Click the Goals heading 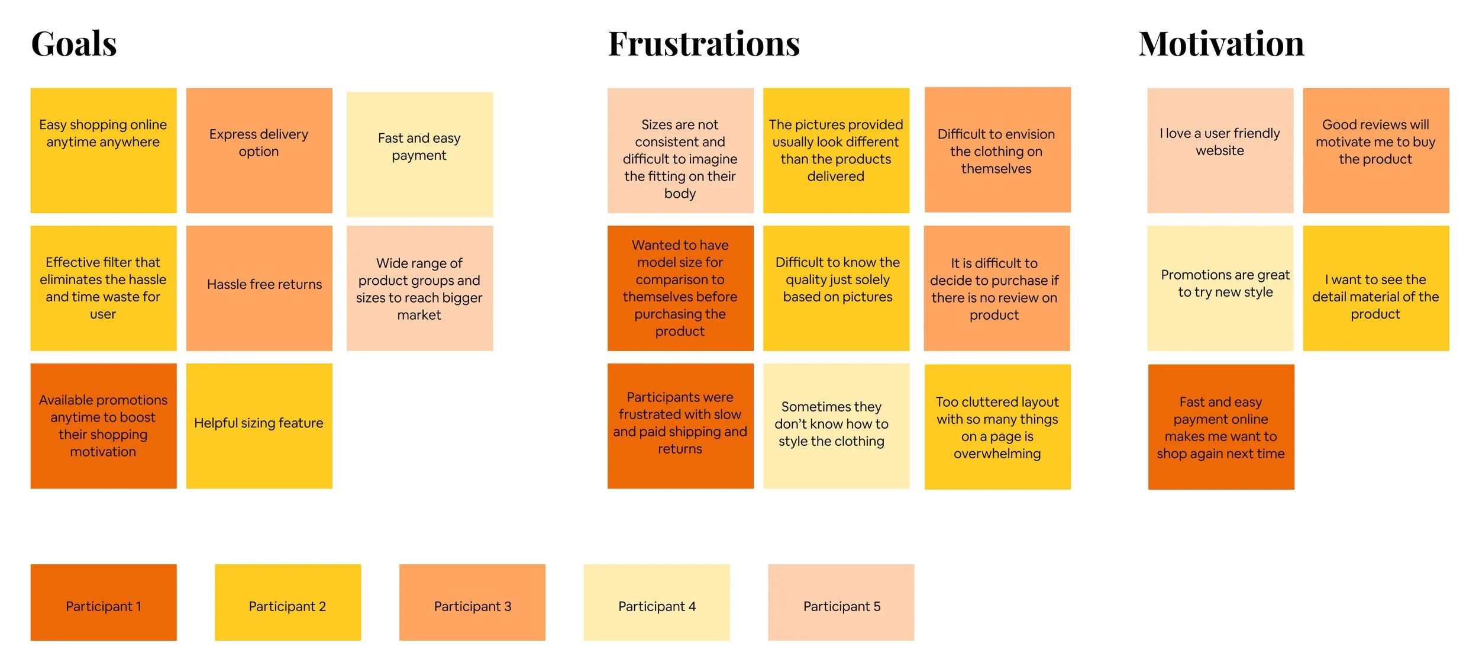click(74, 44)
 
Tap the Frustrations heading click(703, 44)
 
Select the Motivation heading click(1221, 44)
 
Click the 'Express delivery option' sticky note click(259, 150)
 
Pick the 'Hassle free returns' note click(259, 288)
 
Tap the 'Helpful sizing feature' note click(259, 425)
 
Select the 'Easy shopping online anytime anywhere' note click(104, 150)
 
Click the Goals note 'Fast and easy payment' click(419, 154)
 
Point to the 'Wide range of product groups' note click(419, 288)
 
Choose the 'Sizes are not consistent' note click(680, 150)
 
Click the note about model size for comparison click(680, 288)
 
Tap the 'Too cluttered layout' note click(997, 426)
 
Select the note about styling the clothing click(835, 425)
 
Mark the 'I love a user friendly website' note click(1220, 150)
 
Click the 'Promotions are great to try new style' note click(1220, 288)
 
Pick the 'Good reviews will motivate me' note click(1375, 150)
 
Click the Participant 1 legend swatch click(104, 602)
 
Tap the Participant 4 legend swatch click(656, 602)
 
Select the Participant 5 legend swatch click(841, 602)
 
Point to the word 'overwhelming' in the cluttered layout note click(997, 454)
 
